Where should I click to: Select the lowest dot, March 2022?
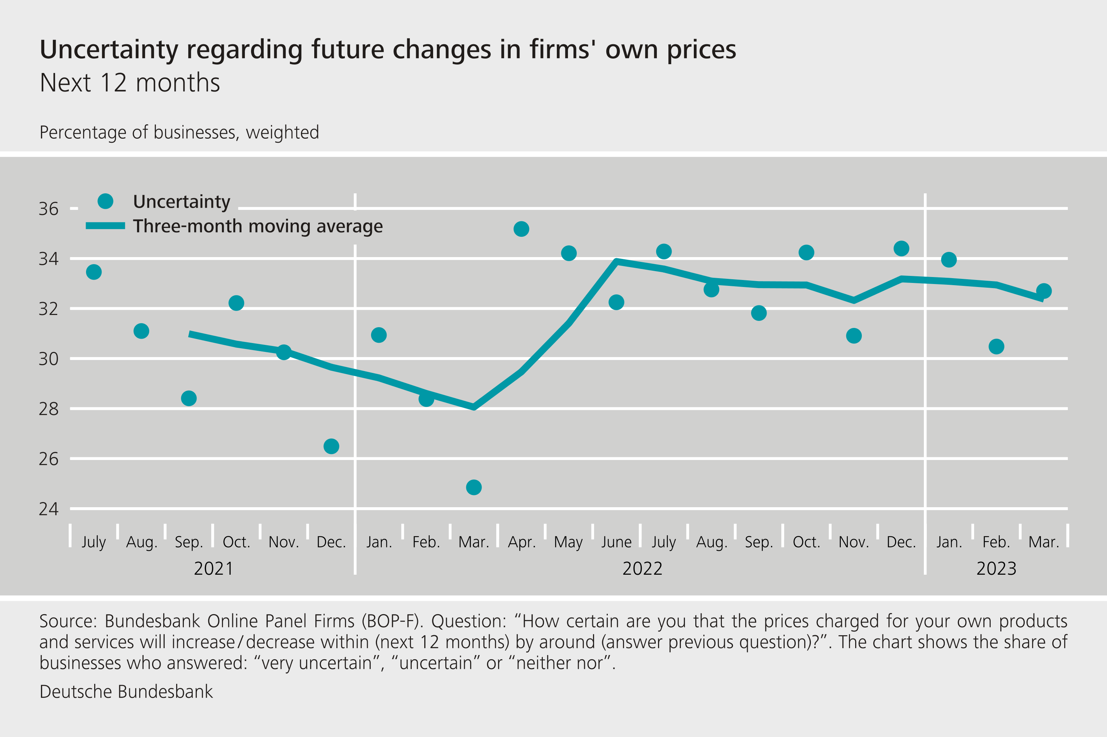tap(474, 487)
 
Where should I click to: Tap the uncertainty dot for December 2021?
tap(331, 446)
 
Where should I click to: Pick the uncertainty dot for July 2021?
tap(94, 272)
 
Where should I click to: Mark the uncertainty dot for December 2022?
tap(901, 248)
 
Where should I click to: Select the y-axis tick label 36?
tap(48, 209)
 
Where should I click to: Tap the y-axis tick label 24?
tap(48, 509)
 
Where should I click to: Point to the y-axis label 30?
tap(48, 359)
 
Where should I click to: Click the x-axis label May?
tap(568, 542)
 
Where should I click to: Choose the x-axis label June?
tap(616, 542)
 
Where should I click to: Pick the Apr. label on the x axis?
tap(521, 542)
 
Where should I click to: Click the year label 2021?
tap(213, 569)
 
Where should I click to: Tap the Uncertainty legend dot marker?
tap(105, 201)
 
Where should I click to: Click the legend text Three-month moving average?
tap(258, 226)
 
